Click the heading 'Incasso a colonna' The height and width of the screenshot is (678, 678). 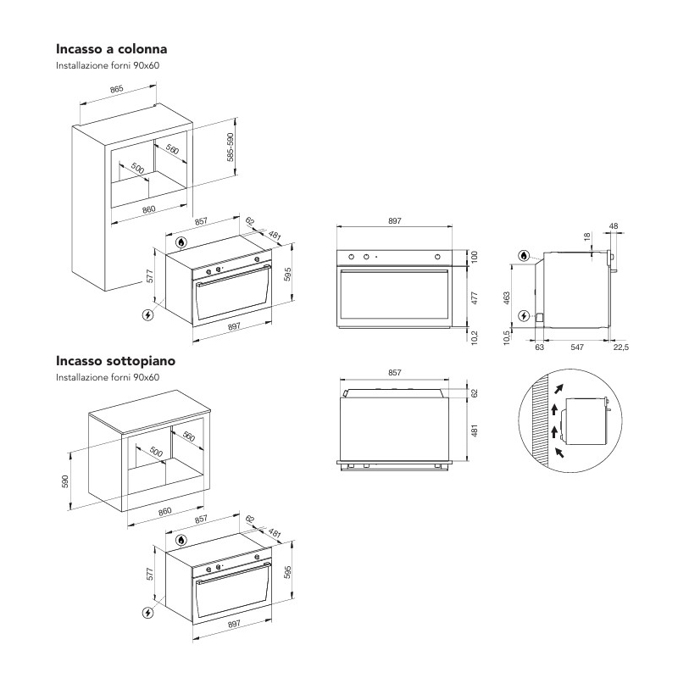(x=117, y=49)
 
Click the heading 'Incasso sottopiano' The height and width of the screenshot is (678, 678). (x=116, y=361)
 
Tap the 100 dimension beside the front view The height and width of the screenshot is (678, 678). (x=475, y=256)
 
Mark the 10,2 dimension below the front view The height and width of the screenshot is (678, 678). (x=475, y=336)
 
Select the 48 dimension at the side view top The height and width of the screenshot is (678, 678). (x=613, y=226)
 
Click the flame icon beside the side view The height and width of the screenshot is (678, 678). (x=525, y=255)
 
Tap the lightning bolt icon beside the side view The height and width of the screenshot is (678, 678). (x=525, y=316)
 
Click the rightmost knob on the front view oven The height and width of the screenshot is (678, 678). (x=438, y=257)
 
